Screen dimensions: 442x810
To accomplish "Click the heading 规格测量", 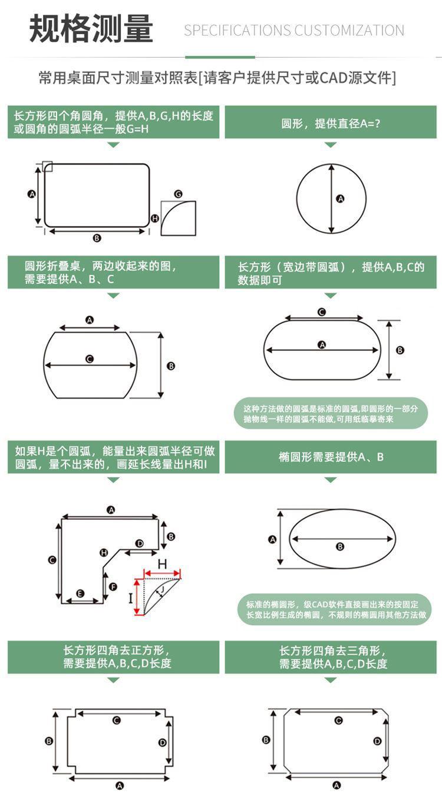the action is (x=91, y=29).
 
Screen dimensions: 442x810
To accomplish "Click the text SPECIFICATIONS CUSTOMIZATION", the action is (x=293, y=31).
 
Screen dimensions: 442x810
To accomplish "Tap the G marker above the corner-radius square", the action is (x=178, y=194).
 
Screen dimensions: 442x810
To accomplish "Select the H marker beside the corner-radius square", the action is (x=155, y=218).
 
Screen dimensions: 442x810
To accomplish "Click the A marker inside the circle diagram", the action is (x=340, y=199).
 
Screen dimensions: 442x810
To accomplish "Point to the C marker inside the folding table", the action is (x=90, y=358).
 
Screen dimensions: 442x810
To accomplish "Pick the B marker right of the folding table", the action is (x=171, y=366).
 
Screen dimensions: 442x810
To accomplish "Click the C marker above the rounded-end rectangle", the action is (x=322, y=312).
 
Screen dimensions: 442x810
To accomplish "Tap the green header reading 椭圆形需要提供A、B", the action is (x=331, y=457).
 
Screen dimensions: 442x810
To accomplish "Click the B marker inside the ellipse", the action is (x=340, y=547).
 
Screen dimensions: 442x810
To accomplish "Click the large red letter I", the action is (x=131, y=599).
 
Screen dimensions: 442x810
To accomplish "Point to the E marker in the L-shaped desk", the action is (x=81, y=593).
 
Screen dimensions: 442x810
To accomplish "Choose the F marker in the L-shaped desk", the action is (x=113, y=586).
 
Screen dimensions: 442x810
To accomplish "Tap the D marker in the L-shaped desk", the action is (x=139, y=543).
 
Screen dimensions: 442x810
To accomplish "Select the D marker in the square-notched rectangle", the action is (x=162, y=742).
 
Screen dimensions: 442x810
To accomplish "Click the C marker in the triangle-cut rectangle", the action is (x=338, y=721).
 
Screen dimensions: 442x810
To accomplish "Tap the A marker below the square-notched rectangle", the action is (x=120, y=785).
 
